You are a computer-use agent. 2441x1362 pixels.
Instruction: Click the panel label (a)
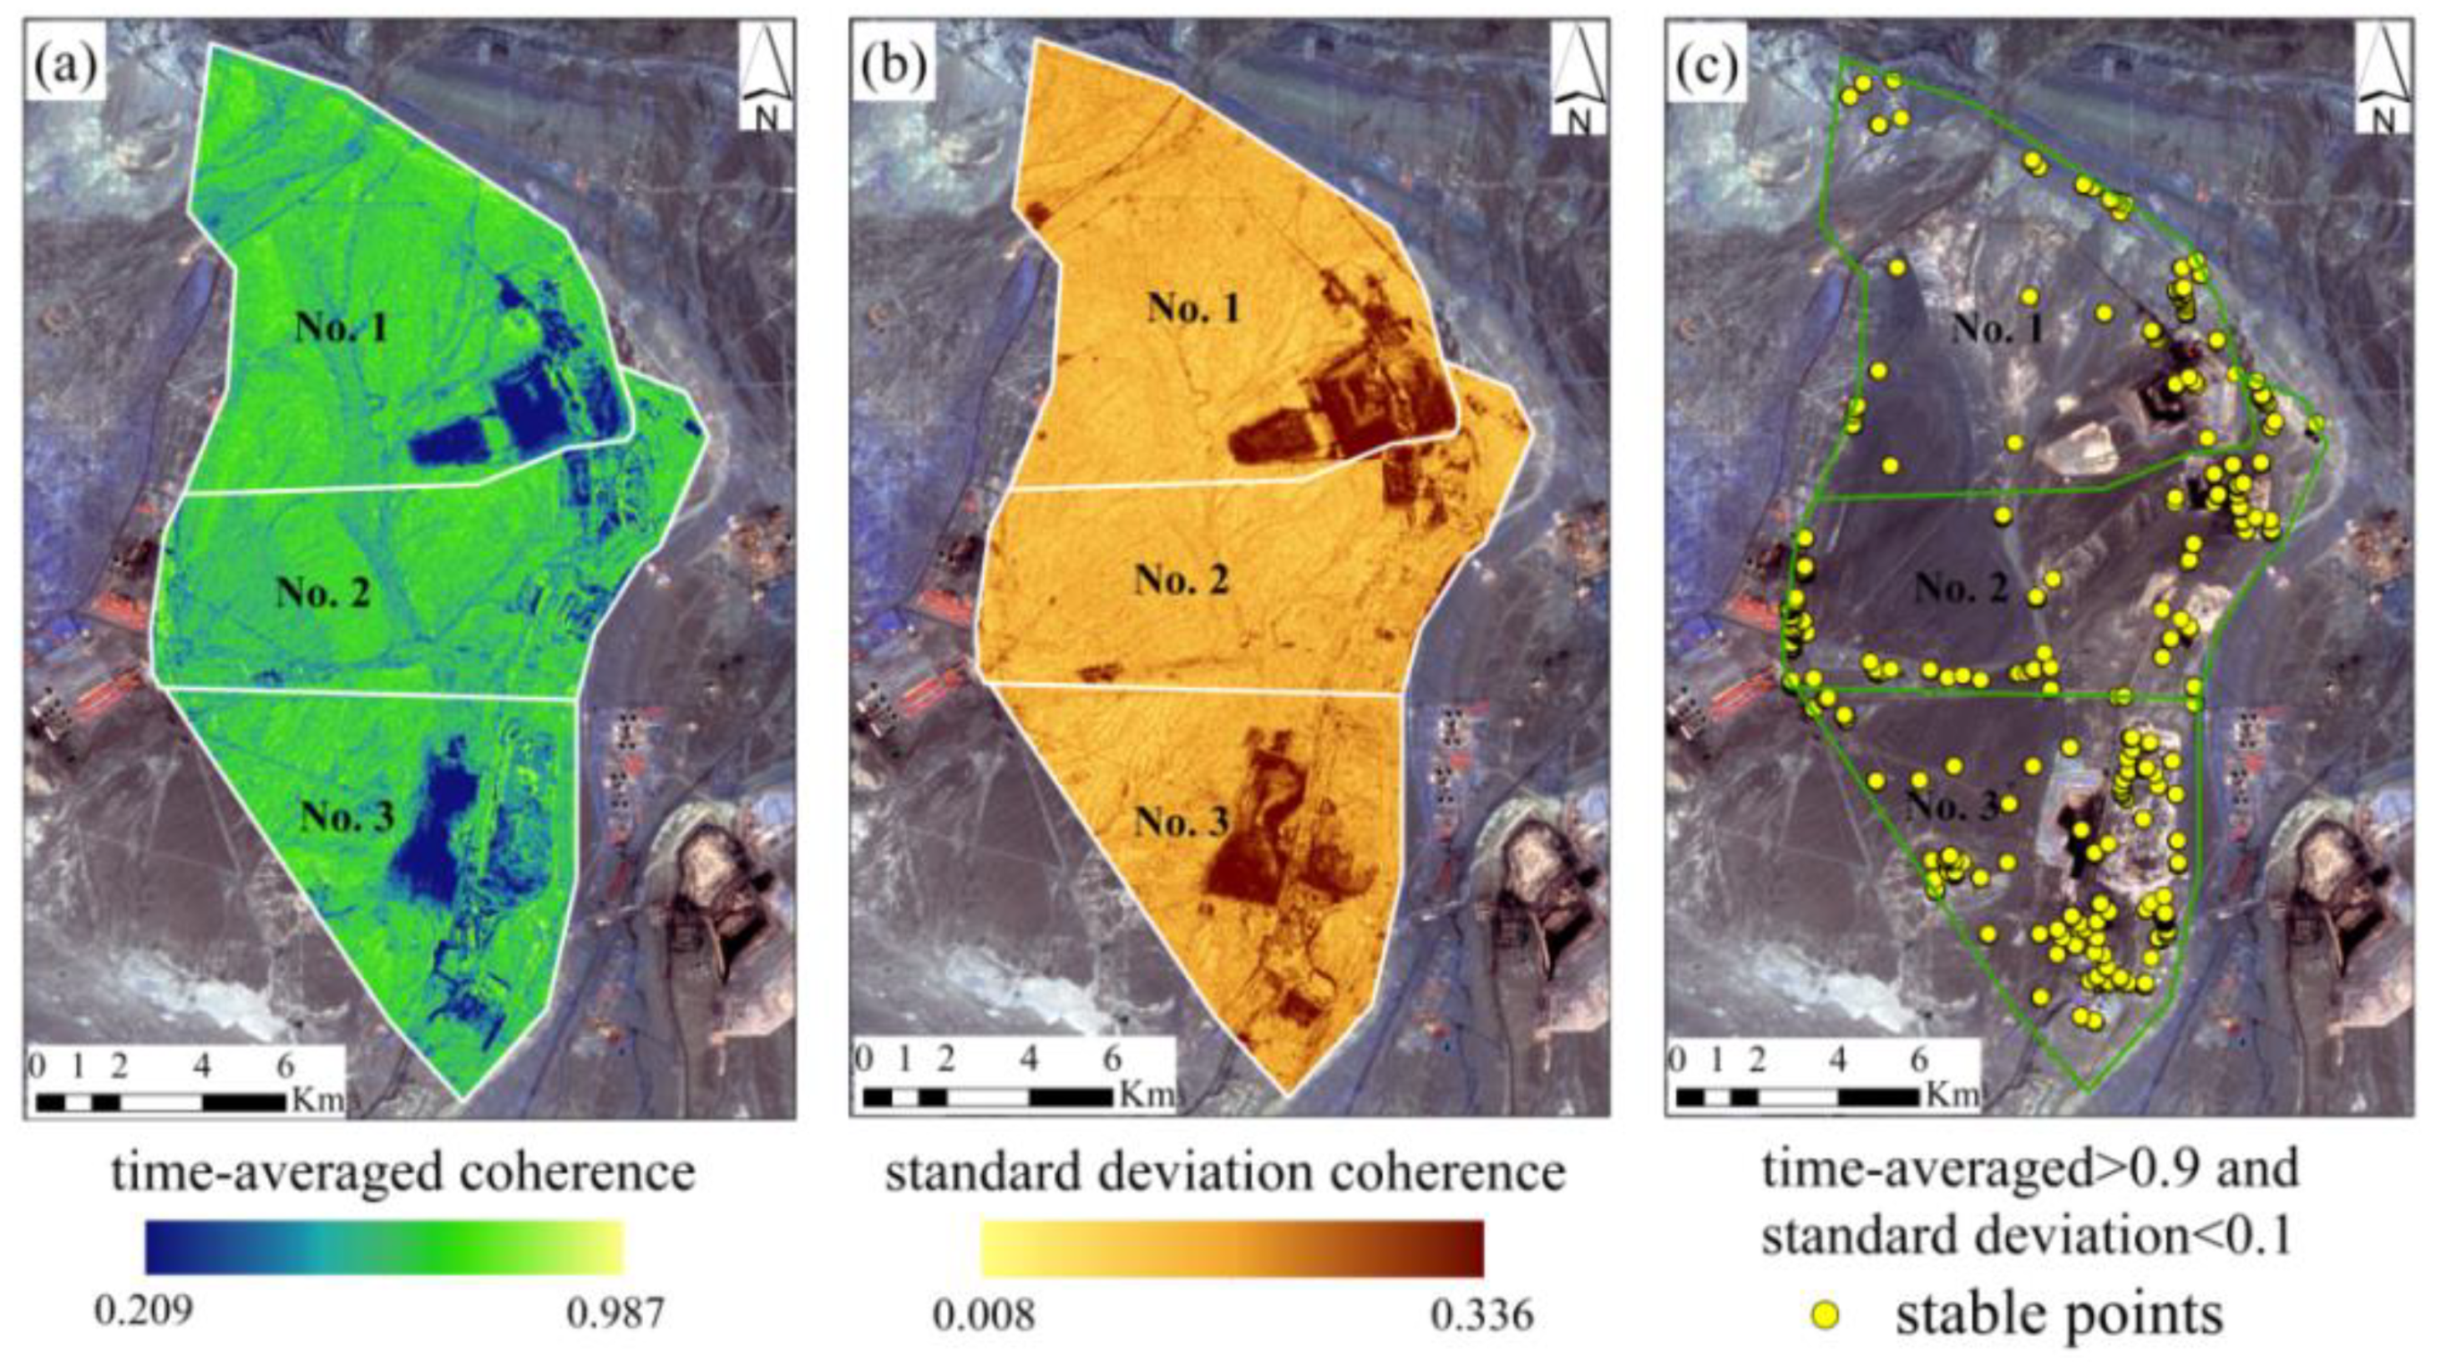(64, 65)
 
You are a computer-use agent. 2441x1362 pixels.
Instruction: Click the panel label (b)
(892, 65)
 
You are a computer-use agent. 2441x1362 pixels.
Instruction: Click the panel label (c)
(1708, 65)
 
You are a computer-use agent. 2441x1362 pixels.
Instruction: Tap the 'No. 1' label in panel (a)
(341, 328)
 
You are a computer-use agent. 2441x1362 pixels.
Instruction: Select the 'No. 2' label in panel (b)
(1182, 579)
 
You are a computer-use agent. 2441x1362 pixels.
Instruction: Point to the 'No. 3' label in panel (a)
(347, 816)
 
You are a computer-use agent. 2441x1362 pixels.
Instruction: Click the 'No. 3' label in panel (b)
(1182, 821)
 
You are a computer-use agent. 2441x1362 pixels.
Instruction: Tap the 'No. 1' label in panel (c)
(1997, 329)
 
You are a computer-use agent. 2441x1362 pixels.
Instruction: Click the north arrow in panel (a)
(766, 78)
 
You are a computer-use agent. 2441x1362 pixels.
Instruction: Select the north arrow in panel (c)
(2382, 78)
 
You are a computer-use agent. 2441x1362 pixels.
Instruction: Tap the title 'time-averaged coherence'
(403, 1172)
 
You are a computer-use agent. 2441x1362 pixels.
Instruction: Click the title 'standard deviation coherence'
(1225, 1172)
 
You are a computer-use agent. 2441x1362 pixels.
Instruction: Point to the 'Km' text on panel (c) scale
(1954, 1094)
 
